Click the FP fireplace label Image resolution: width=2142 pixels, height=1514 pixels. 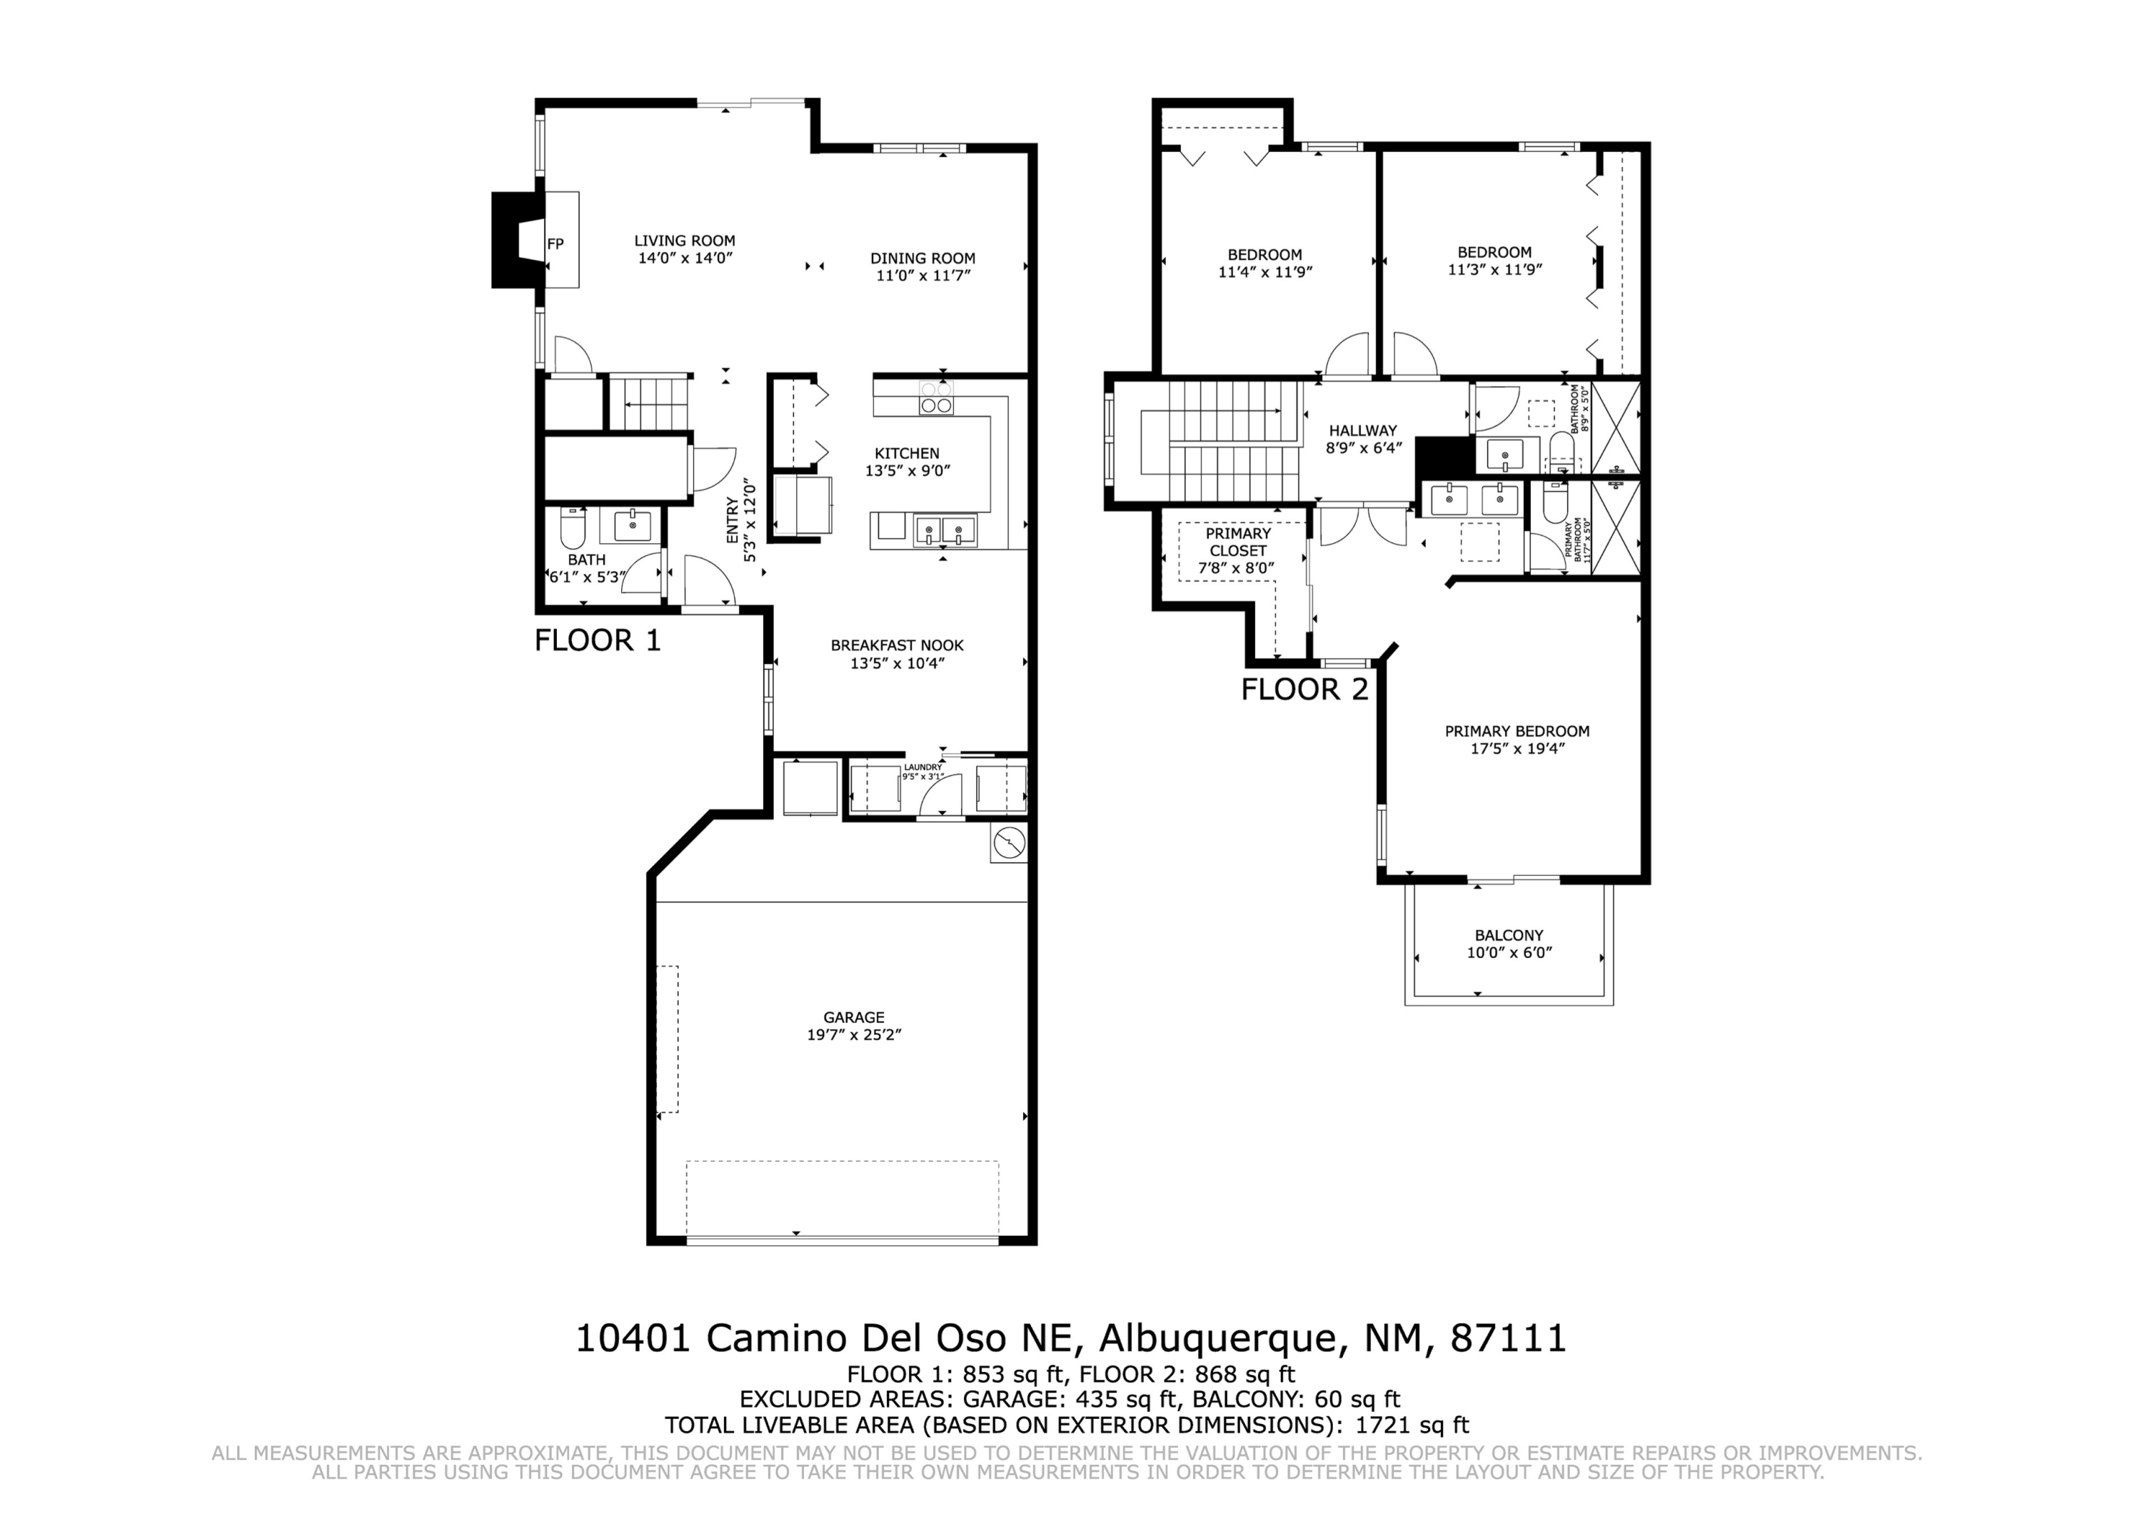point(555,244)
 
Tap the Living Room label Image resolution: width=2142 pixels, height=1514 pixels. point(685,241)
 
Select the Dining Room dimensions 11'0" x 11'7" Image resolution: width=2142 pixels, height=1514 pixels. point(924,276)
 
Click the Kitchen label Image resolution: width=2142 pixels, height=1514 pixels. point(907,453)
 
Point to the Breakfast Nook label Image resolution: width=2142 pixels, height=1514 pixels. point(897,645)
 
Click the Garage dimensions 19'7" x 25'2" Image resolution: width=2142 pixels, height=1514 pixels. point(854,1034)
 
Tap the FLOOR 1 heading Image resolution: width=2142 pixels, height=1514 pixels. point(598,641)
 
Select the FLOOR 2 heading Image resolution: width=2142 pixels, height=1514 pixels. point(1305,690)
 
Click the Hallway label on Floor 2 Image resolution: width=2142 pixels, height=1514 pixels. point(1363,431)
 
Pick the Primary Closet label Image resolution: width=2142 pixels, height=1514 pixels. point(1238,542)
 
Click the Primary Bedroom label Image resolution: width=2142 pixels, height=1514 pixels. point(1517,732)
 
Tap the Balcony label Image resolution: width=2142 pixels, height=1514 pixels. point(1509,936)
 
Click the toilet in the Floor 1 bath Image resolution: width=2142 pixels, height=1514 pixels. point(571,528)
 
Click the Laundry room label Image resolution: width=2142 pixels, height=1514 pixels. point(922,767)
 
